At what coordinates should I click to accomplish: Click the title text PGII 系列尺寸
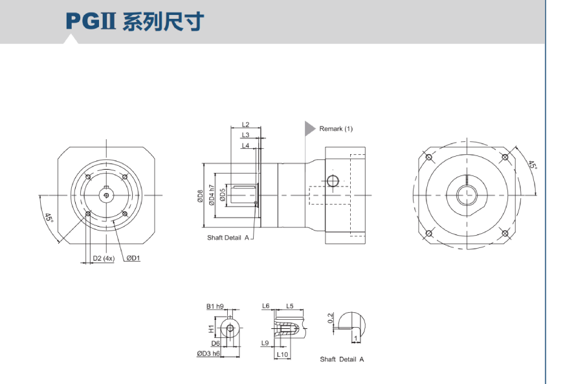[x=134, y=21]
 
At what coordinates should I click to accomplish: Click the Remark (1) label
[x=336, y=129]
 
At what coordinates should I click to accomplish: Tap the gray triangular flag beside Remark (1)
[x=309, y=128]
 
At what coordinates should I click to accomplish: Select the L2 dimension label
[x=245, y=125]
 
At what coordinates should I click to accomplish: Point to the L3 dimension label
[x=245, y=135]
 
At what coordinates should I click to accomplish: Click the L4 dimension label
[x=245, y=146]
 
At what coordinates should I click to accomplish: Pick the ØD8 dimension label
[x=201, y=196]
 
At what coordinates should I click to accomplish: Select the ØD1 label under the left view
[x=133, y=258]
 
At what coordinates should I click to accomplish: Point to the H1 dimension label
[x=211, y=329]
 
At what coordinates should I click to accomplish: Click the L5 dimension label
[x=290, y=306]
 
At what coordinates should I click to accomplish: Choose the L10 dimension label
[x=282, y=354]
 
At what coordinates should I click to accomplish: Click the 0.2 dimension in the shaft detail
[x=331, y=318]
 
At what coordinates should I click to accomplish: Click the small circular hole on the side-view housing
[x=333, y=180]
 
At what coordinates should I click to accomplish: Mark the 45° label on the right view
[x=532, y=166]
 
